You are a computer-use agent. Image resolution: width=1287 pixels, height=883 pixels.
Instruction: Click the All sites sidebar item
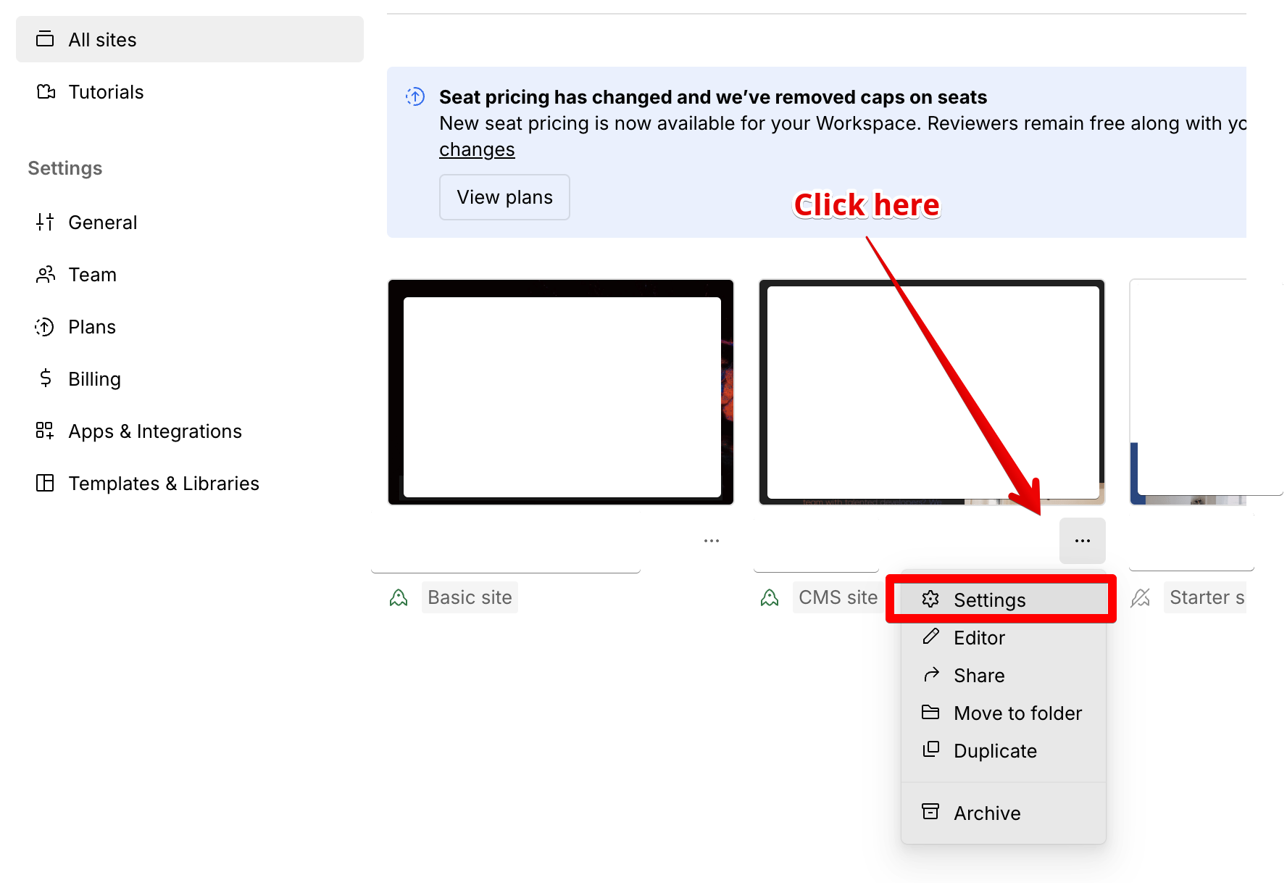[102, 40]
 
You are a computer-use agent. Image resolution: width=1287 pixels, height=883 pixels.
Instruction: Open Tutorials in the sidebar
[106, 92]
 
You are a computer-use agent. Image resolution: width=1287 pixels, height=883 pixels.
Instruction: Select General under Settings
[102, 223]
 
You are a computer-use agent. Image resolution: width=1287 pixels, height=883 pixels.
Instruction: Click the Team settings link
[92, 275]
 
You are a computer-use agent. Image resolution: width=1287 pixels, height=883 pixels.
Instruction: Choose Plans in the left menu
[92, 327]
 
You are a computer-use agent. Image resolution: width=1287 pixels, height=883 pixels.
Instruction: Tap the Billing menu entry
[94, 379]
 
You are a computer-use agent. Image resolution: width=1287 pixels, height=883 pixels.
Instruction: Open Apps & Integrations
[154, 431]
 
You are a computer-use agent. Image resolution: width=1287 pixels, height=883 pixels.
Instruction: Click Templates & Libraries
[163, 484]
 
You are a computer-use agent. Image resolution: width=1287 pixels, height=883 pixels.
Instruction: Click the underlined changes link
[477, 149]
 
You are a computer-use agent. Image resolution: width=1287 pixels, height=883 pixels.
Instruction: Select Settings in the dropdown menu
[989, 600]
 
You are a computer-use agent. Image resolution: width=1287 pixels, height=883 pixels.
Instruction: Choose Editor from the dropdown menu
[979, 638]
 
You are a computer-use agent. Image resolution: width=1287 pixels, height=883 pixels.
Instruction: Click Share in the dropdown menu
[979, 676]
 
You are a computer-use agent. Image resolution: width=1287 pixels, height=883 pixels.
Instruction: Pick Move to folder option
[1017, 713]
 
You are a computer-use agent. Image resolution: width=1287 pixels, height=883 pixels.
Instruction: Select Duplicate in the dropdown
[995, 751]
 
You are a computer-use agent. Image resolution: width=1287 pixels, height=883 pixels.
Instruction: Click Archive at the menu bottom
[987, 813]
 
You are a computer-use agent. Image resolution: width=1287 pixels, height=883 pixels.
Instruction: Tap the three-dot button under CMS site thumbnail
[1083, 541]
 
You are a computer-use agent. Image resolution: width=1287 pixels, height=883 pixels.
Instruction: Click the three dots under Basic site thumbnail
[712, 541]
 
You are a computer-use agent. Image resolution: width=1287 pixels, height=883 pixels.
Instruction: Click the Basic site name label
[470, 597]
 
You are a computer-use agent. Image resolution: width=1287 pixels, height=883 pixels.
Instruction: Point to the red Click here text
[867, 205]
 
